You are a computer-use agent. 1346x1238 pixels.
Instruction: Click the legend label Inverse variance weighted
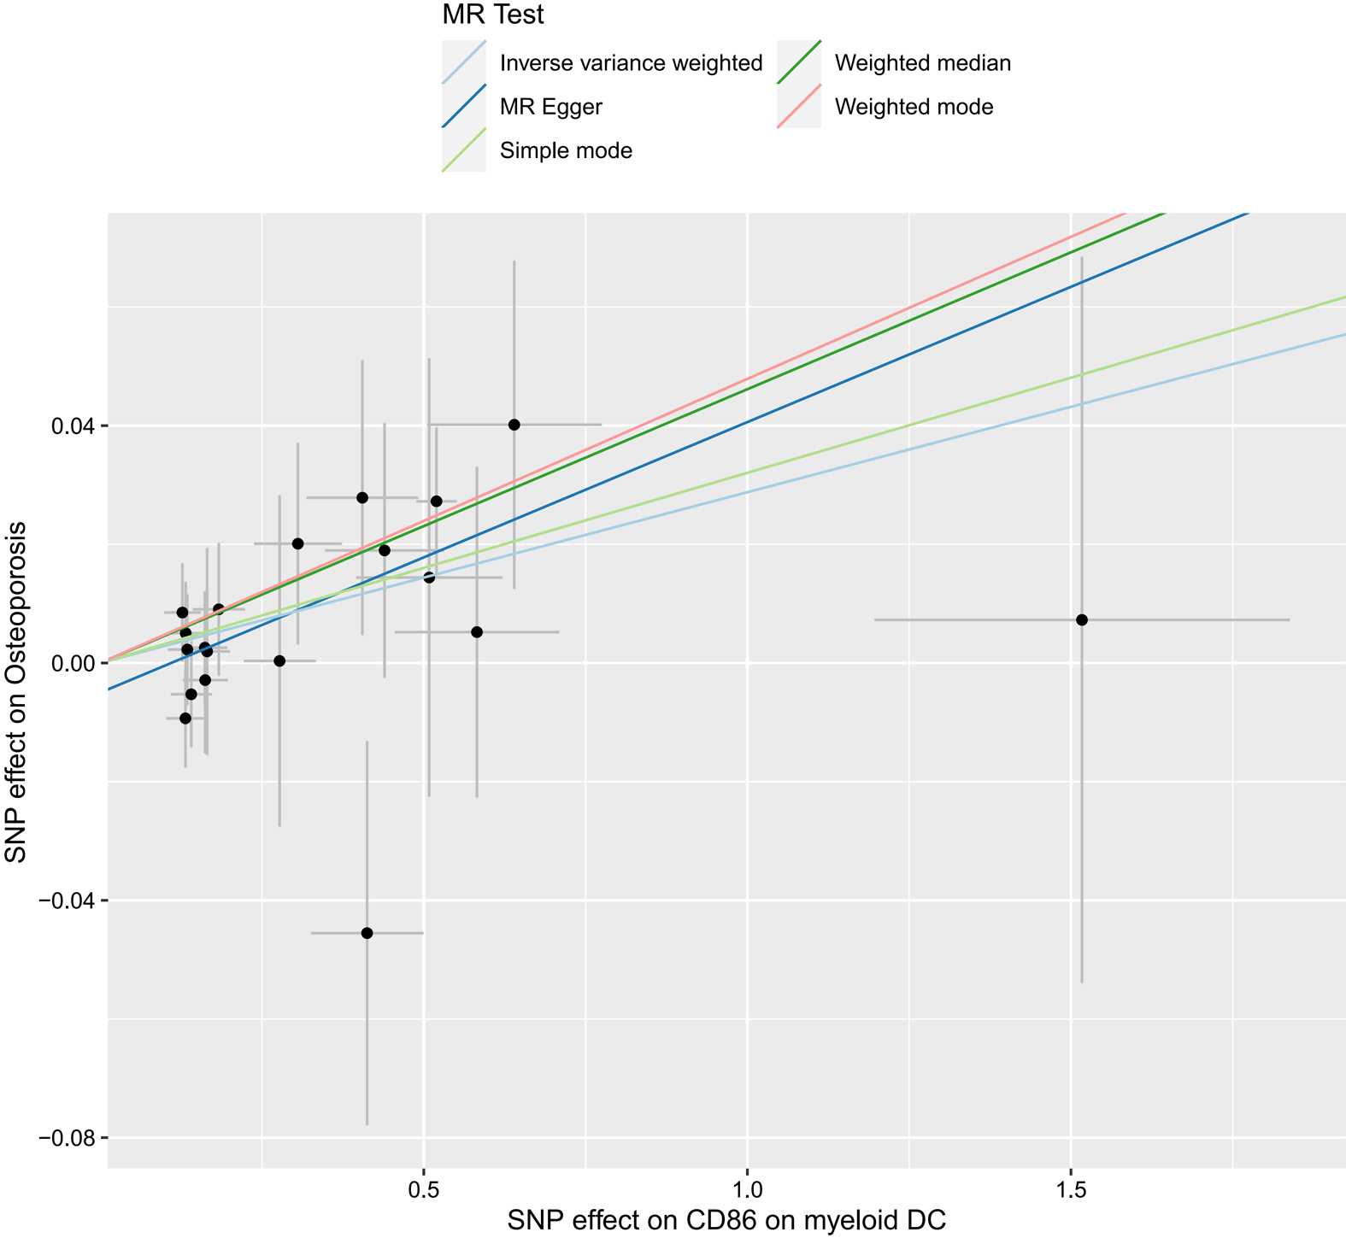631,63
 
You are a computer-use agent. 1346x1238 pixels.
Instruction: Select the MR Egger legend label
550,107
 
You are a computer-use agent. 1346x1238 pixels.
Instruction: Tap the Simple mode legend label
566,151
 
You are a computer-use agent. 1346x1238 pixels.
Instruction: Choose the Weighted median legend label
922,63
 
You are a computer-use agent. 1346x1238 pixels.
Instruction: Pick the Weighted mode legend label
914,107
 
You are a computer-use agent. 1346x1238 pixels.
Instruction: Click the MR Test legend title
493,15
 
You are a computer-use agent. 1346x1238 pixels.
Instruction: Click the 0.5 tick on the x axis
424,1187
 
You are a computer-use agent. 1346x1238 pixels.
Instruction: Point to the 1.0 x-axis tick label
747,1187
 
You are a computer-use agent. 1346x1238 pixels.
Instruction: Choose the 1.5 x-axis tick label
1071,1187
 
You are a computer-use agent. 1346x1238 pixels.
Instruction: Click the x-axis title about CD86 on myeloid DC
726,1219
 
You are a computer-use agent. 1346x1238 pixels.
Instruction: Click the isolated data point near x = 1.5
1082,619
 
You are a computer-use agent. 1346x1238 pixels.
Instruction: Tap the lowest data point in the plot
367,933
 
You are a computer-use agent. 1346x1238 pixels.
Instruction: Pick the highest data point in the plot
514,425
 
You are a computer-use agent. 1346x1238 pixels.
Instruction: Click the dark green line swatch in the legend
799,62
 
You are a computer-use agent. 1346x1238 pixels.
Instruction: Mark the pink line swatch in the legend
799,107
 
